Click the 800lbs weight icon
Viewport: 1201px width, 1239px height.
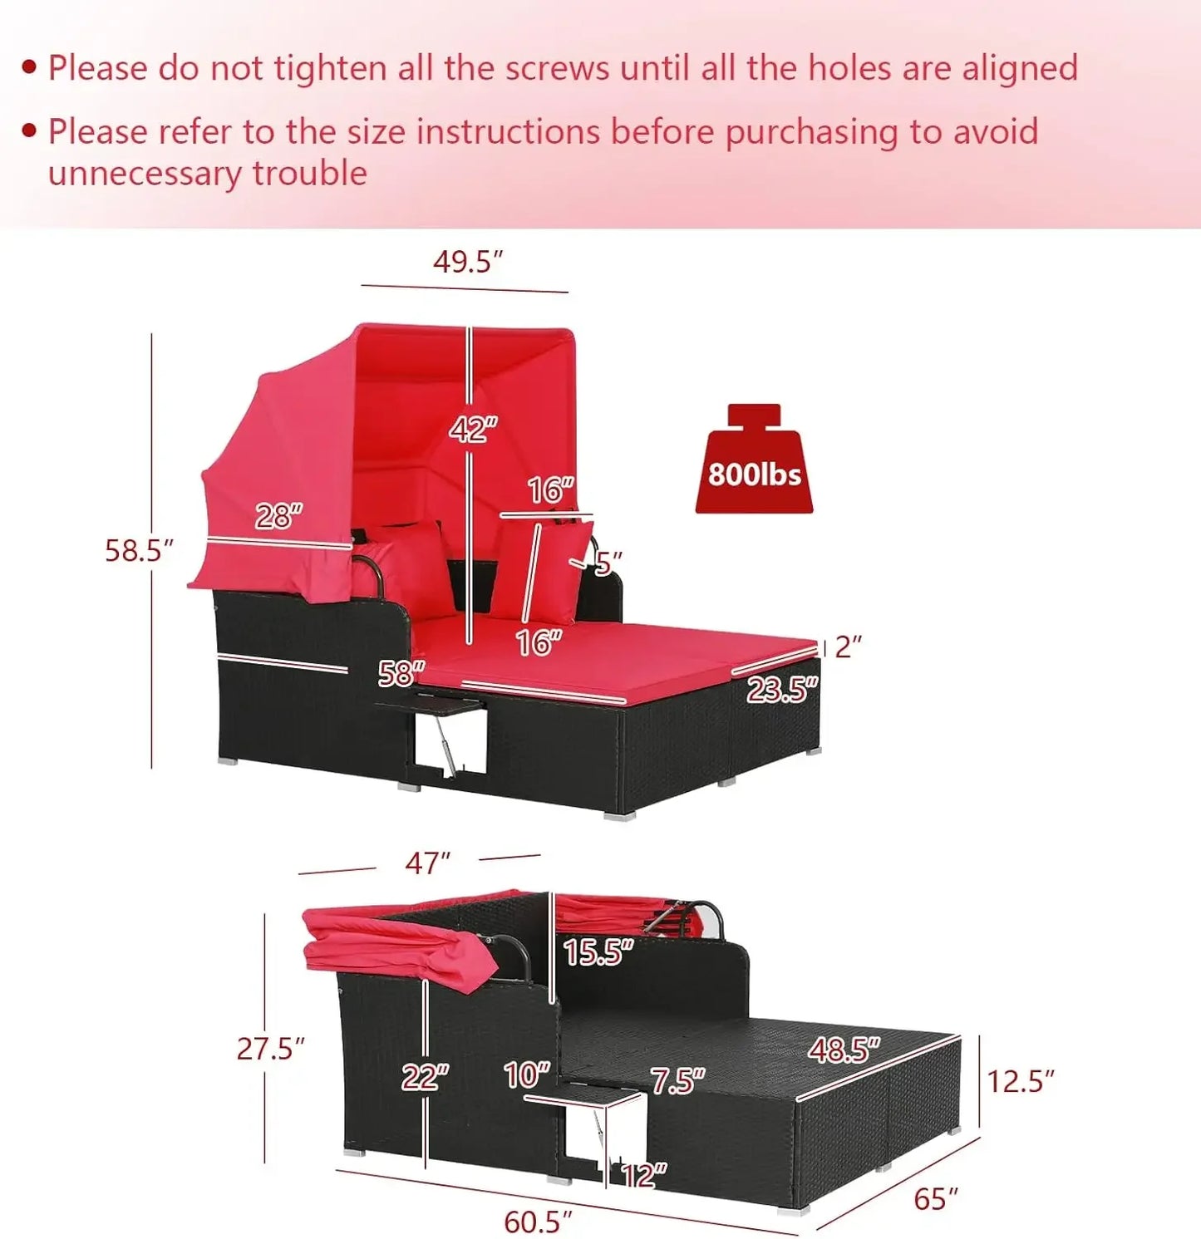(754, 459)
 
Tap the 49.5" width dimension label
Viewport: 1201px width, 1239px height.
(468, 262)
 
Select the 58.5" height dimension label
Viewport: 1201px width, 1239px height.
(139, 550)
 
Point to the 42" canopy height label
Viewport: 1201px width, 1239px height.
(473, 429)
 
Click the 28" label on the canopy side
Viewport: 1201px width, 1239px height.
(278, 516)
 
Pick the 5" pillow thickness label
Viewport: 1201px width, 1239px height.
(608, 563)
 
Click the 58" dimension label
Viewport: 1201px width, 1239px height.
(401, 673)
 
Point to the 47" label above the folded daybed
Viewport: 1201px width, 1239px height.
(428, 863)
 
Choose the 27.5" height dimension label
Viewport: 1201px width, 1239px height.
(270, 1049)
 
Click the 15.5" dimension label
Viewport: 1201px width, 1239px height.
(598, 952)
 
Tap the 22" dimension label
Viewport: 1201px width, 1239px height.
(425, 1077)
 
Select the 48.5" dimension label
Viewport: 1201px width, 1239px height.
(844, 1050)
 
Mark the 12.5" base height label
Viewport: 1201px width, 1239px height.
(1020, 1081)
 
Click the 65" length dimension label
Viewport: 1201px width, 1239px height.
(936, 1199)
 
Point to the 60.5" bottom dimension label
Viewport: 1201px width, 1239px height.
(538, 1222)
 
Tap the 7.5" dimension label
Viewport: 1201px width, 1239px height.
(677, 1080)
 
